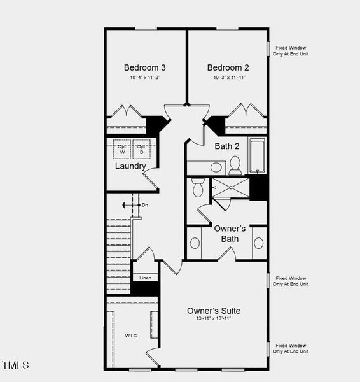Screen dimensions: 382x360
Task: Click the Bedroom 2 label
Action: pos(228,67)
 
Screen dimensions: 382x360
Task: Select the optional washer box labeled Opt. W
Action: pos(122,150)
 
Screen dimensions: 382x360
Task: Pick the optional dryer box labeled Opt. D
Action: pos(141,150)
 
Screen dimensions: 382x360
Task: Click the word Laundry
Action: pos(130,166)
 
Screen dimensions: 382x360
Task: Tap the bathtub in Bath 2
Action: pos(257,156)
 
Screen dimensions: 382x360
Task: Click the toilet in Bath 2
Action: pos(235,166)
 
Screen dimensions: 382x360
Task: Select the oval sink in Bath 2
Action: pos(217,168)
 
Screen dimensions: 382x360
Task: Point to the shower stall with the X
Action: pos(230,188)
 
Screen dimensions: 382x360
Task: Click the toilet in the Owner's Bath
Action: pos(197,187)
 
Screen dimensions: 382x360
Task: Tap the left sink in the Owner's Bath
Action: pos(195,243)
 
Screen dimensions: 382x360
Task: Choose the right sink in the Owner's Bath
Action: pos(259,243)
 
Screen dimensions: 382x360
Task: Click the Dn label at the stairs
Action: pos(145,205)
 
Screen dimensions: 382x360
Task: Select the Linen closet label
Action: pos(145,278)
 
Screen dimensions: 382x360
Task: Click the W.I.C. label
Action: pos(131,335)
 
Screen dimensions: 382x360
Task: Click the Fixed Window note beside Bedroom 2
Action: pos(291,50)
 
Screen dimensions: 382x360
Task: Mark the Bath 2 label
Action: pos(228,146)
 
